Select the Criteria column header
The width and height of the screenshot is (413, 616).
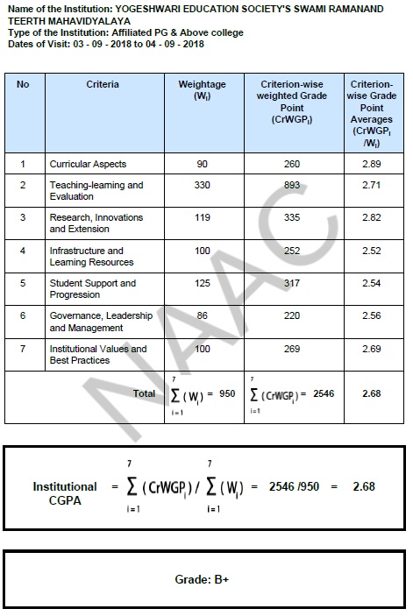coord(103,84)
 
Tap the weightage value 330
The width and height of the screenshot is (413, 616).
coord(203,186)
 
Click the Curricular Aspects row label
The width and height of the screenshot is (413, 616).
coord(88,164)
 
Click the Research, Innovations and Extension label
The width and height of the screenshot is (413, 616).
coord(96,223)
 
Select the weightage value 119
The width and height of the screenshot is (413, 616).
coord(203,218)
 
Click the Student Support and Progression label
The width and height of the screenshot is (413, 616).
coord(92,289)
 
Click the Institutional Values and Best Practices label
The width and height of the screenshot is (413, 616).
coord(97,355)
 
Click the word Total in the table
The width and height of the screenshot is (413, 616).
coord(144,394)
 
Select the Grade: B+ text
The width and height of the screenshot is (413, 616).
coord(205,580)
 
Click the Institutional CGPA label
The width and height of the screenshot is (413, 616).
coord(65,492)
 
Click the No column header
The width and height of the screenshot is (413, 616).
coord(23,84)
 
